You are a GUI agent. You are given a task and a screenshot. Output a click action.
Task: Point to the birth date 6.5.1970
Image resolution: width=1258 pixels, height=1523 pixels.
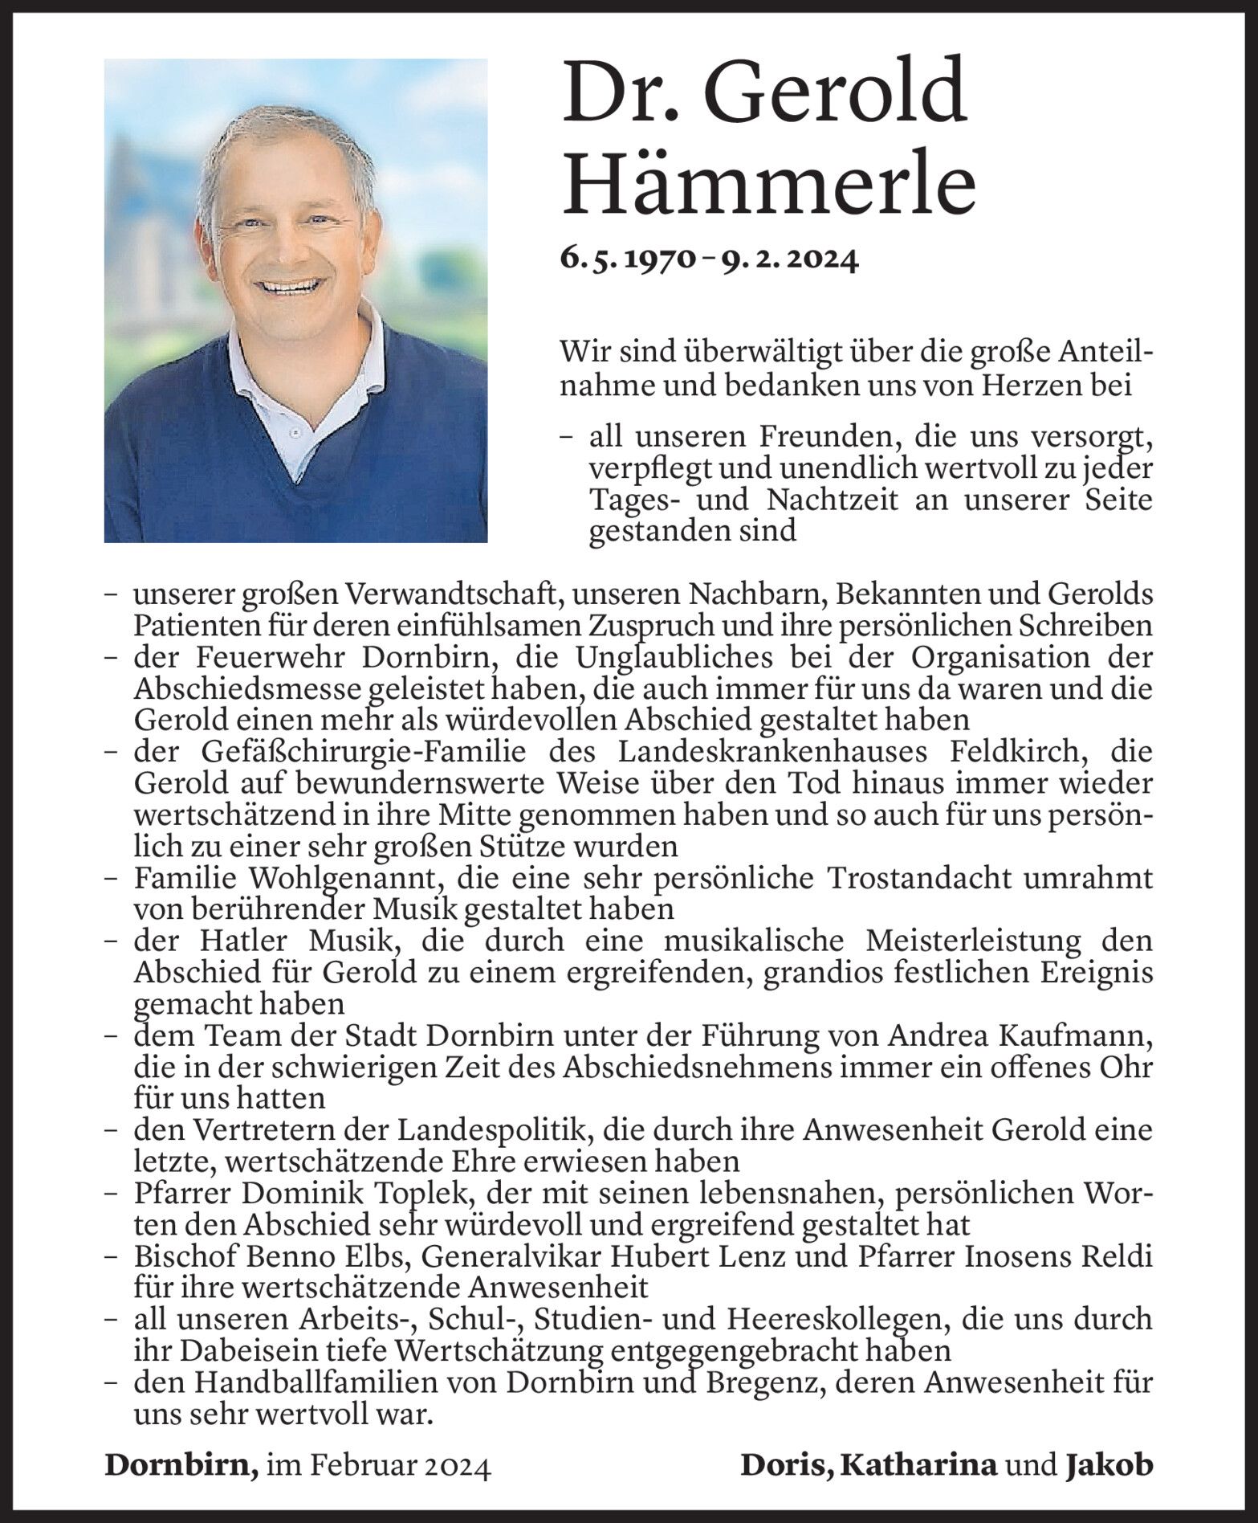pyautogui.click(x=626, y=259)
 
